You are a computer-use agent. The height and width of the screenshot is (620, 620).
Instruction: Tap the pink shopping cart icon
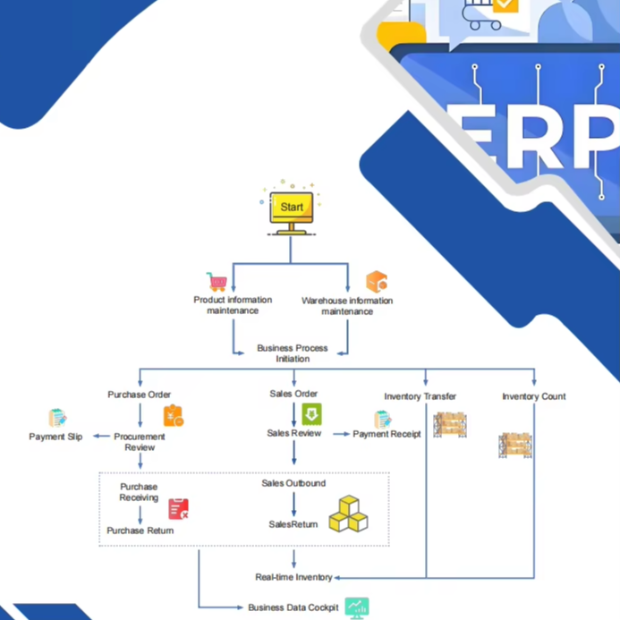click(217, 282)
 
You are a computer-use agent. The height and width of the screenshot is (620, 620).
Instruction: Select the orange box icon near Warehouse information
click(377, 282)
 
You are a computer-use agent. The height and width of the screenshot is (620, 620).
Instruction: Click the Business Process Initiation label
click(293, 353)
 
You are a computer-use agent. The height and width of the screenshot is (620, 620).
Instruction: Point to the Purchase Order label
click(140, 395)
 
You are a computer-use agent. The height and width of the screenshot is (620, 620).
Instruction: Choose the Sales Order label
click(293, 394)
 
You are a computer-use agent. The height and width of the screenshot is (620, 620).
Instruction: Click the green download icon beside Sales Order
click(311, 414)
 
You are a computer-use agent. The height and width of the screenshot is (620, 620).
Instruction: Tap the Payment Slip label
click(55, 437)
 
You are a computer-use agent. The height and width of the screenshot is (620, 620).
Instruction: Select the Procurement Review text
click(140, 442)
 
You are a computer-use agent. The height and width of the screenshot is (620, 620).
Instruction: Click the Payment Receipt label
click(386, 434)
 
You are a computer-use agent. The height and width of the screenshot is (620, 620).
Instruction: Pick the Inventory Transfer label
click(420, 396)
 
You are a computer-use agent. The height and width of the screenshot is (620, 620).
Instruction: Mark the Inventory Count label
click(534, 396)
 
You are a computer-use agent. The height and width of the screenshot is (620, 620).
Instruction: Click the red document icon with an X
click(178, 508)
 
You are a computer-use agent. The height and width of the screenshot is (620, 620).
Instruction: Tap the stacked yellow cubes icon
click(348, 514)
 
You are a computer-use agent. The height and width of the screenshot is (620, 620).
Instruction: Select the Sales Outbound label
click(293, 483)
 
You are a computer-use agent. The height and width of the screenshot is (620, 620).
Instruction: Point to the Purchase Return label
click(140, 531)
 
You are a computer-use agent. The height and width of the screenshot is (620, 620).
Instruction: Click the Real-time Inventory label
click(293, 577)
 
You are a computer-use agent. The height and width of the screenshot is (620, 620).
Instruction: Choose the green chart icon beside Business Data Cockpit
click(357, 607)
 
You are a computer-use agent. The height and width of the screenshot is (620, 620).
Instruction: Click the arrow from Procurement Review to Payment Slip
click(102, 436)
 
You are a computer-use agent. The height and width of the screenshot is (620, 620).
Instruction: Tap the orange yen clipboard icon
click(174, 416)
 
